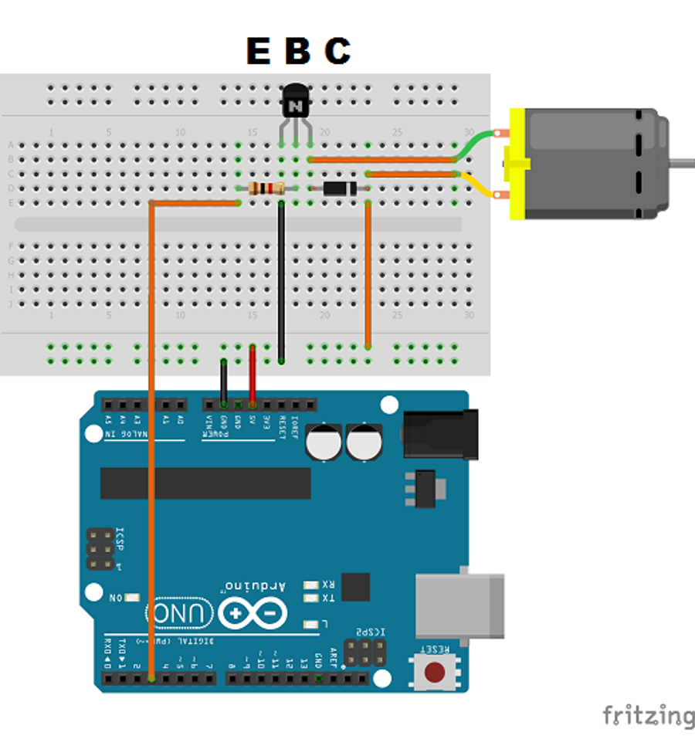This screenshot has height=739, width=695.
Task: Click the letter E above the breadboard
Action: tap(258, 51)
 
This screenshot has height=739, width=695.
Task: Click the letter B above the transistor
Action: tap(297, 51)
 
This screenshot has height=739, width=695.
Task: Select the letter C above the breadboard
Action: tap(337, 51)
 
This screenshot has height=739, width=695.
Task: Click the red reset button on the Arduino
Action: tap(436, 672)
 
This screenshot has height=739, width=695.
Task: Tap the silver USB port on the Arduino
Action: tap(459, 605)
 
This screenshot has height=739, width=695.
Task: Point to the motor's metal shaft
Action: tap(682, 162)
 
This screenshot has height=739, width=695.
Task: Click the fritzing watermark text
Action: tap(647, 715)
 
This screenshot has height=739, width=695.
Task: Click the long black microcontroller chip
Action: tap(205, 483)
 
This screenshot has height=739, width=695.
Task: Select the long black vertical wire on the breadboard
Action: tap(282, 282)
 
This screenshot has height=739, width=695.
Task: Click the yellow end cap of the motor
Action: tap(516, 164)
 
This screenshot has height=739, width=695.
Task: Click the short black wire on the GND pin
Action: tap(224, 381)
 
